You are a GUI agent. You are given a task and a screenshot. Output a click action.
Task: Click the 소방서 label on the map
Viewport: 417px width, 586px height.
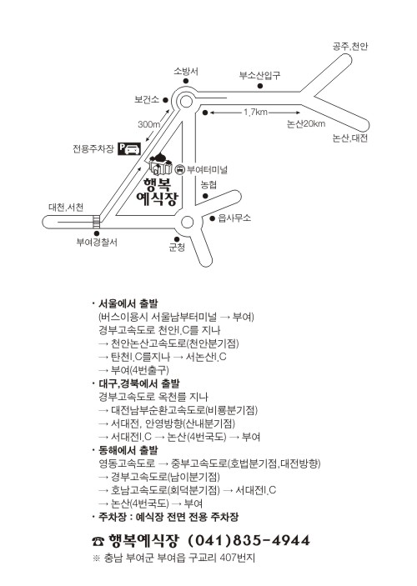pos(186,71)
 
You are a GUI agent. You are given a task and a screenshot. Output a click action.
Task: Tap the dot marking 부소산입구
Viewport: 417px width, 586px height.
pos(260,87)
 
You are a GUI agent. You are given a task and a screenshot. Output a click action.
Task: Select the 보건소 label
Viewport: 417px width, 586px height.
pos(147,100)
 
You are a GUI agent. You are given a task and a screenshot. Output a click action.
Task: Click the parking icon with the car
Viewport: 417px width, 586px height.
pos(129,148)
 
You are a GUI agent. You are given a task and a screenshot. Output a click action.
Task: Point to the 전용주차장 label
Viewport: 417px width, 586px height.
pos(93,148)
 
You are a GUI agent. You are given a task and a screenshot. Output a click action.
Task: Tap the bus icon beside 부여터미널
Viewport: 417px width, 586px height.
pos(180,170)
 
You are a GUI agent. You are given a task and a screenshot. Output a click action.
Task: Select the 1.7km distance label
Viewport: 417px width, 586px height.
pos(256,112)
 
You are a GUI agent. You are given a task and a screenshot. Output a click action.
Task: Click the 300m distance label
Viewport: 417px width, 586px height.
pos(148,124)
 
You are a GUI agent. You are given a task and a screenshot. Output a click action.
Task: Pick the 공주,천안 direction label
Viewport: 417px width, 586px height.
pos(350,47)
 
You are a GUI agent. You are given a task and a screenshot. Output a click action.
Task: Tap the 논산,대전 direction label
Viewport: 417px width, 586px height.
pos(350,138)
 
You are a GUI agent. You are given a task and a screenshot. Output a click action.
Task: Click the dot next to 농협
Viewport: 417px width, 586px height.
pos(205,196)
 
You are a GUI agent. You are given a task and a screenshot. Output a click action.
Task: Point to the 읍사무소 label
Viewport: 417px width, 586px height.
pos(234,218)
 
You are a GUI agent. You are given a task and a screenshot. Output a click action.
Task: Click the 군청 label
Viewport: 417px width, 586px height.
pos(177,248)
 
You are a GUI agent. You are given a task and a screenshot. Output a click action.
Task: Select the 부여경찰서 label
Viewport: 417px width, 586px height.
pos(97,243)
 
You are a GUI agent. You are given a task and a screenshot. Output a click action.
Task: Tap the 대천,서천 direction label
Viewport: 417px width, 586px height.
pos(66,208)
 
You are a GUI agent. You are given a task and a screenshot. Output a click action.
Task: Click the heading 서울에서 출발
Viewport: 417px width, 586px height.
pos(128,303)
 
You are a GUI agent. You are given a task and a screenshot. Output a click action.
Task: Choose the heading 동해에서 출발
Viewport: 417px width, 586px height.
pos(128,450)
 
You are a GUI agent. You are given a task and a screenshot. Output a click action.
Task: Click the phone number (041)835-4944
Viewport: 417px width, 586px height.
pos(249,540)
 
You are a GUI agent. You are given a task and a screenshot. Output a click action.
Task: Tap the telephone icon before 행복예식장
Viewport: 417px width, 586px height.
pos(98,541)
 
